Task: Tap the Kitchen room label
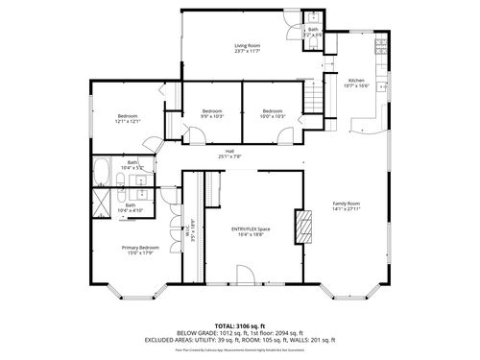point(357,83)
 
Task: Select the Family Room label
point(347,206)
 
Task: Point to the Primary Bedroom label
point(140,250)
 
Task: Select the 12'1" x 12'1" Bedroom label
point(129,118)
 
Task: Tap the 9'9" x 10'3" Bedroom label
point(212,113)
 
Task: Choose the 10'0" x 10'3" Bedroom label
point(273,113)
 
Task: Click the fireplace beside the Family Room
point(304,226)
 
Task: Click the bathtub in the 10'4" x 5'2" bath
point(100,170)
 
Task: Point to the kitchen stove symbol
point(380,45)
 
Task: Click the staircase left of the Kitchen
point(313,96)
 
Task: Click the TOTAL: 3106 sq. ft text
point(239,325)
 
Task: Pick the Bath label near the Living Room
point(313,32)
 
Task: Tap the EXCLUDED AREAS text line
point(240,341)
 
